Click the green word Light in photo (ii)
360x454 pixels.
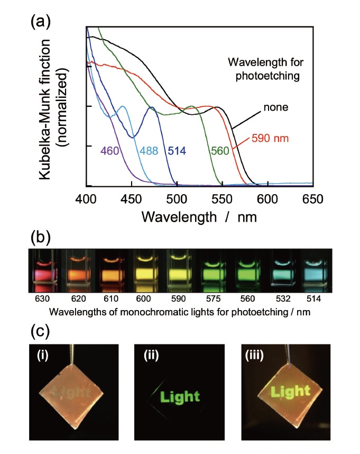pyautogui.click(x=180, y=395)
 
